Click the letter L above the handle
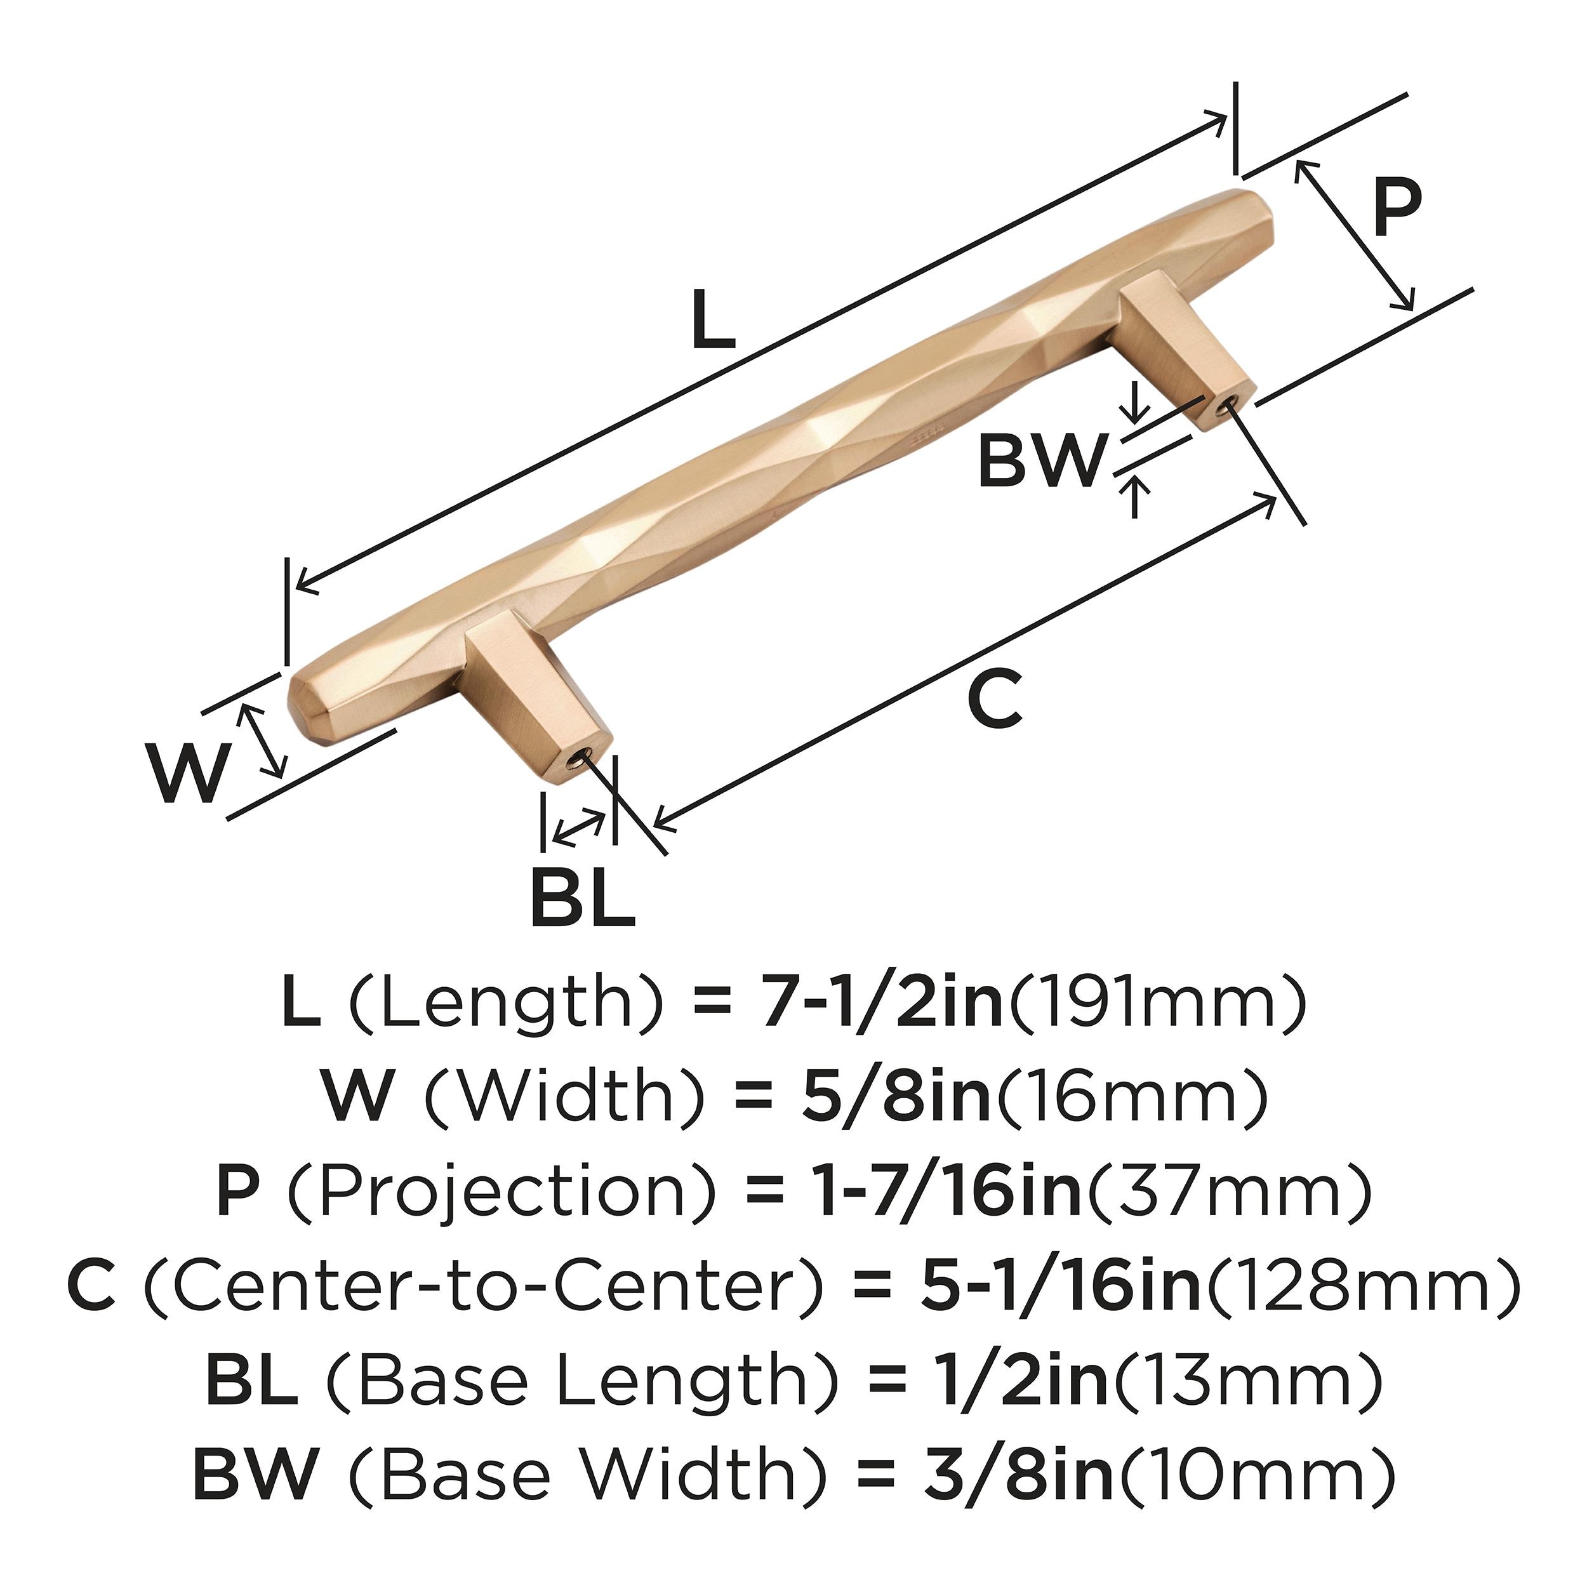(x=712, y=321)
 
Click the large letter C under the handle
(x=994, y=699)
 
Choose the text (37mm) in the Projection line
(x=1229, y=1193)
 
